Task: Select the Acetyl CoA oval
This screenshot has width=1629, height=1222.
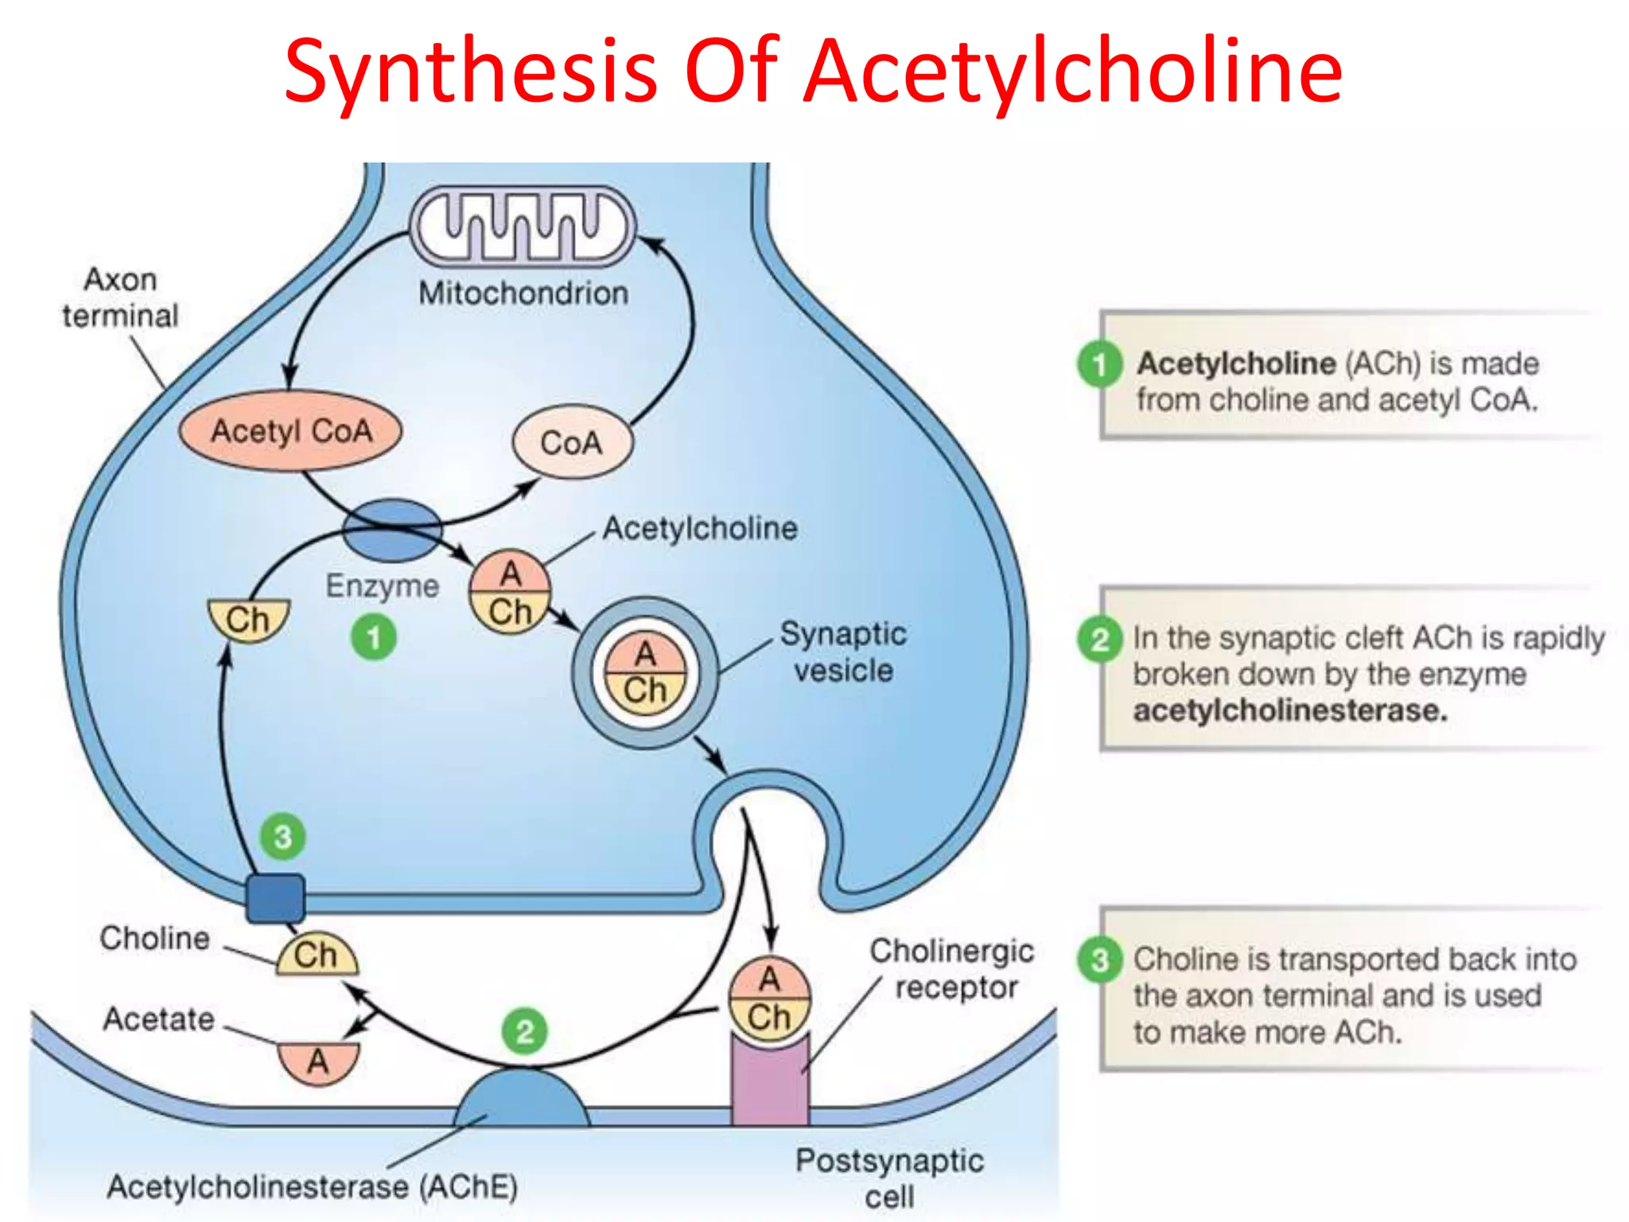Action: pos(290,431)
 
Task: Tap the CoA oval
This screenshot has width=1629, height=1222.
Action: pos(572,442)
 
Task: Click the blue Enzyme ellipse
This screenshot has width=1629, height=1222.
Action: pos(391,530)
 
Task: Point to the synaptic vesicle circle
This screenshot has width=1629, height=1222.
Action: pos(644,672)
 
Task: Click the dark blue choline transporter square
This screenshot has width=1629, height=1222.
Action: pos(275,898)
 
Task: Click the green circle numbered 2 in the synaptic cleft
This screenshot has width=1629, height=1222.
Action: pos(524,1031)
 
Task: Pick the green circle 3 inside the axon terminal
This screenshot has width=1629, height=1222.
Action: pos(283,836)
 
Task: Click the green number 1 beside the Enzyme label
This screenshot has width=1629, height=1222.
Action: pos(374,637)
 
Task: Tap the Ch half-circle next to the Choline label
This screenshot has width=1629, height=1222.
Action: pos(317,956)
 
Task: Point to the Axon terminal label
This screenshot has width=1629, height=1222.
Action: pos(121,298)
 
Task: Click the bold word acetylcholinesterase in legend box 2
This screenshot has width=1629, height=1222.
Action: pos(1289,710)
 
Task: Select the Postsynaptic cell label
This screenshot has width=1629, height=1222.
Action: pos(889,1178)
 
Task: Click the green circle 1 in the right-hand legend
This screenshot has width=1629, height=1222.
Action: pos(1100,364)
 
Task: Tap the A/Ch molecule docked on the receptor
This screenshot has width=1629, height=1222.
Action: pos(769,998)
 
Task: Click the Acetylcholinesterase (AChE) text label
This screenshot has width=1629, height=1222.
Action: pos(313,1186)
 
